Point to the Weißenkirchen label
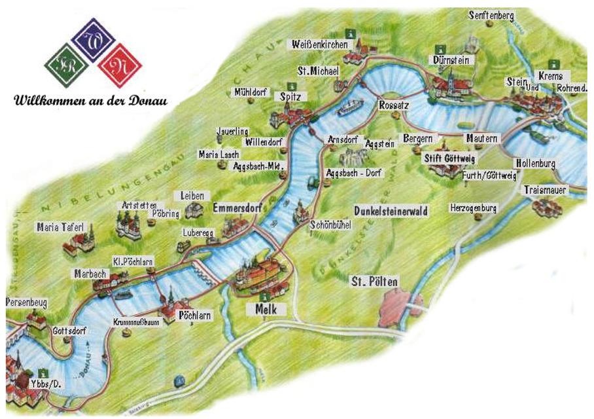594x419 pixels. (x=319, y=45)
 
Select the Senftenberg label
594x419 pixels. (x=491, y=14)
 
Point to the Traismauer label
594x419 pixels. (x=545, y=190)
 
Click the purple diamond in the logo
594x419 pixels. (x=93, y=40)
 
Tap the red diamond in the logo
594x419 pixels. (x=122, y=65)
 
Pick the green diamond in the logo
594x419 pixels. (x=65, y=65)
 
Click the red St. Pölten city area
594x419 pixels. (x=394, y=305)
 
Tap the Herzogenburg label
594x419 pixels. (x=473, y=208)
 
